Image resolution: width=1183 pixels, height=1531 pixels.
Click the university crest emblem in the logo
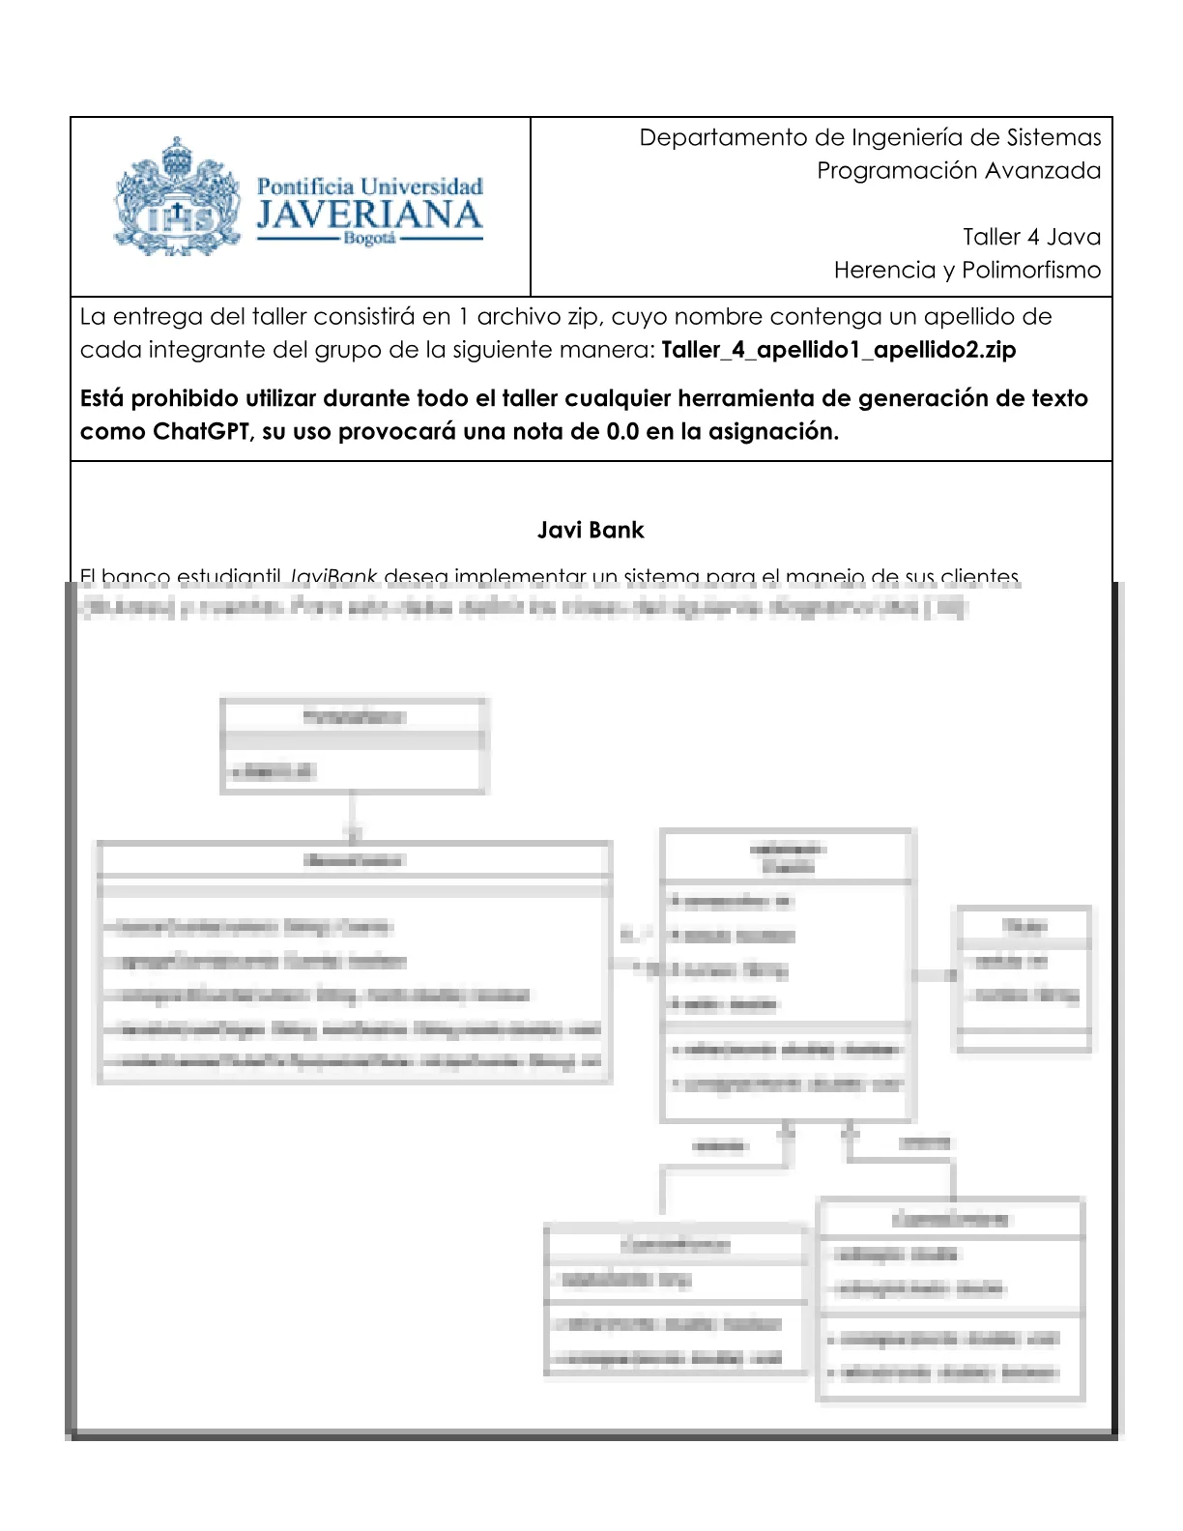click(177, 197)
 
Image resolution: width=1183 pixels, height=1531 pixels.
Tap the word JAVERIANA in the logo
click(369, 215)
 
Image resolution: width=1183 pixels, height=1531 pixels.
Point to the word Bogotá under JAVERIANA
click(369, 239)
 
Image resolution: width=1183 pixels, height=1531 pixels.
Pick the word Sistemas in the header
click(1053, 138)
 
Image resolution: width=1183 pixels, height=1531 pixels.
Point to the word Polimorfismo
click(1031, 270)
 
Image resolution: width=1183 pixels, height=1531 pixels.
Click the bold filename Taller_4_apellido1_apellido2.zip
click(838, 350)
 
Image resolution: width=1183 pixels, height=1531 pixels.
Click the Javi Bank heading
click(591, 531)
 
